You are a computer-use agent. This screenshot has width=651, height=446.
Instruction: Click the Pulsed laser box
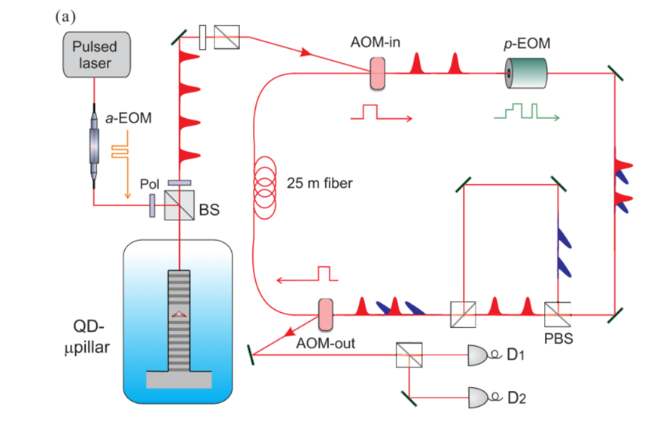(97, 54)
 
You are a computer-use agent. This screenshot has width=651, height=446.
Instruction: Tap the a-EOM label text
(128, 118)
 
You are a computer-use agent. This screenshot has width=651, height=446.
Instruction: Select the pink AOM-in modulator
(377, 74)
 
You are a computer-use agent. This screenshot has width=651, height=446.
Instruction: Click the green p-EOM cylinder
(525, 73)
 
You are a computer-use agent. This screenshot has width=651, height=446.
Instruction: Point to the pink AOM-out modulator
(325, 314)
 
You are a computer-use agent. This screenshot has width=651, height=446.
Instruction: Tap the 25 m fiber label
(320, 183)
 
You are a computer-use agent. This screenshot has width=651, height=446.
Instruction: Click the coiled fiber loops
(265, 187)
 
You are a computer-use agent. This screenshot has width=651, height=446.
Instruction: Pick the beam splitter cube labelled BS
(179, 205)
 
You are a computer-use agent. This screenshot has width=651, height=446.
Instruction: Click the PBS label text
(558, 338)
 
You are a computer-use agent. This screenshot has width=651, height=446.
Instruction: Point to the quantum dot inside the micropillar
(179, 314)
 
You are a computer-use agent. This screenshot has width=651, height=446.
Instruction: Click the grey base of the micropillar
(179, 380)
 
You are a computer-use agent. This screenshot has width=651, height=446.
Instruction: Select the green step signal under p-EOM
(527, 111)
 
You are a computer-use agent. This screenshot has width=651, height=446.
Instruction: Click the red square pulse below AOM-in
(381, 112)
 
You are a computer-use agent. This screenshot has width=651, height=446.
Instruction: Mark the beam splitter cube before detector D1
(409, 355)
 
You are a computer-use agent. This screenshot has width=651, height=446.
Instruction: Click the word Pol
(149, 184)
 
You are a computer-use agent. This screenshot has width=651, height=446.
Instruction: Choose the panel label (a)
(65, 17)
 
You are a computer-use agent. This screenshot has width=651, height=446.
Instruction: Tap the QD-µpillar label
(87, 336)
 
